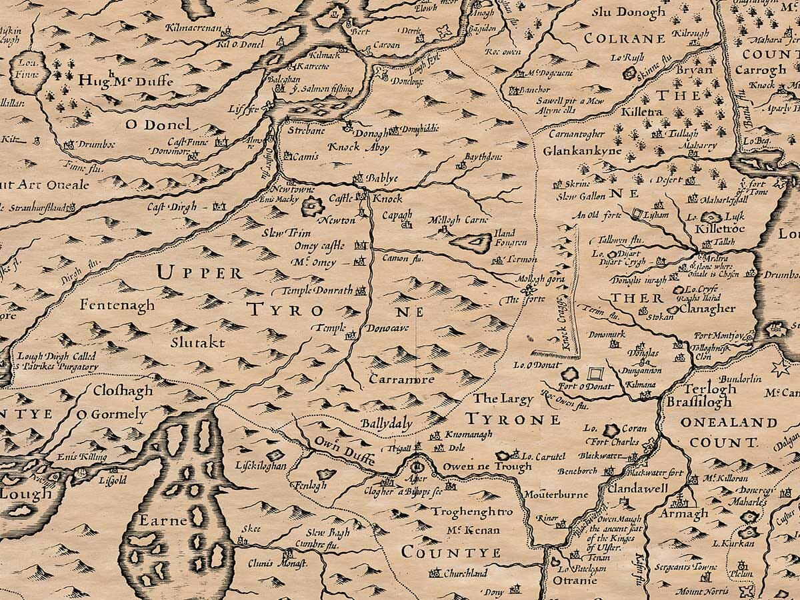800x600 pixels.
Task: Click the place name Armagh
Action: (x=683, y=514)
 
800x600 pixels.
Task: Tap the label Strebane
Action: (x=305, y=131)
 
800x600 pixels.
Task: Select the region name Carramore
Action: (x=403, y=379)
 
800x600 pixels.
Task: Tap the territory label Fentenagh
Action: (x=117, y=305)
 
